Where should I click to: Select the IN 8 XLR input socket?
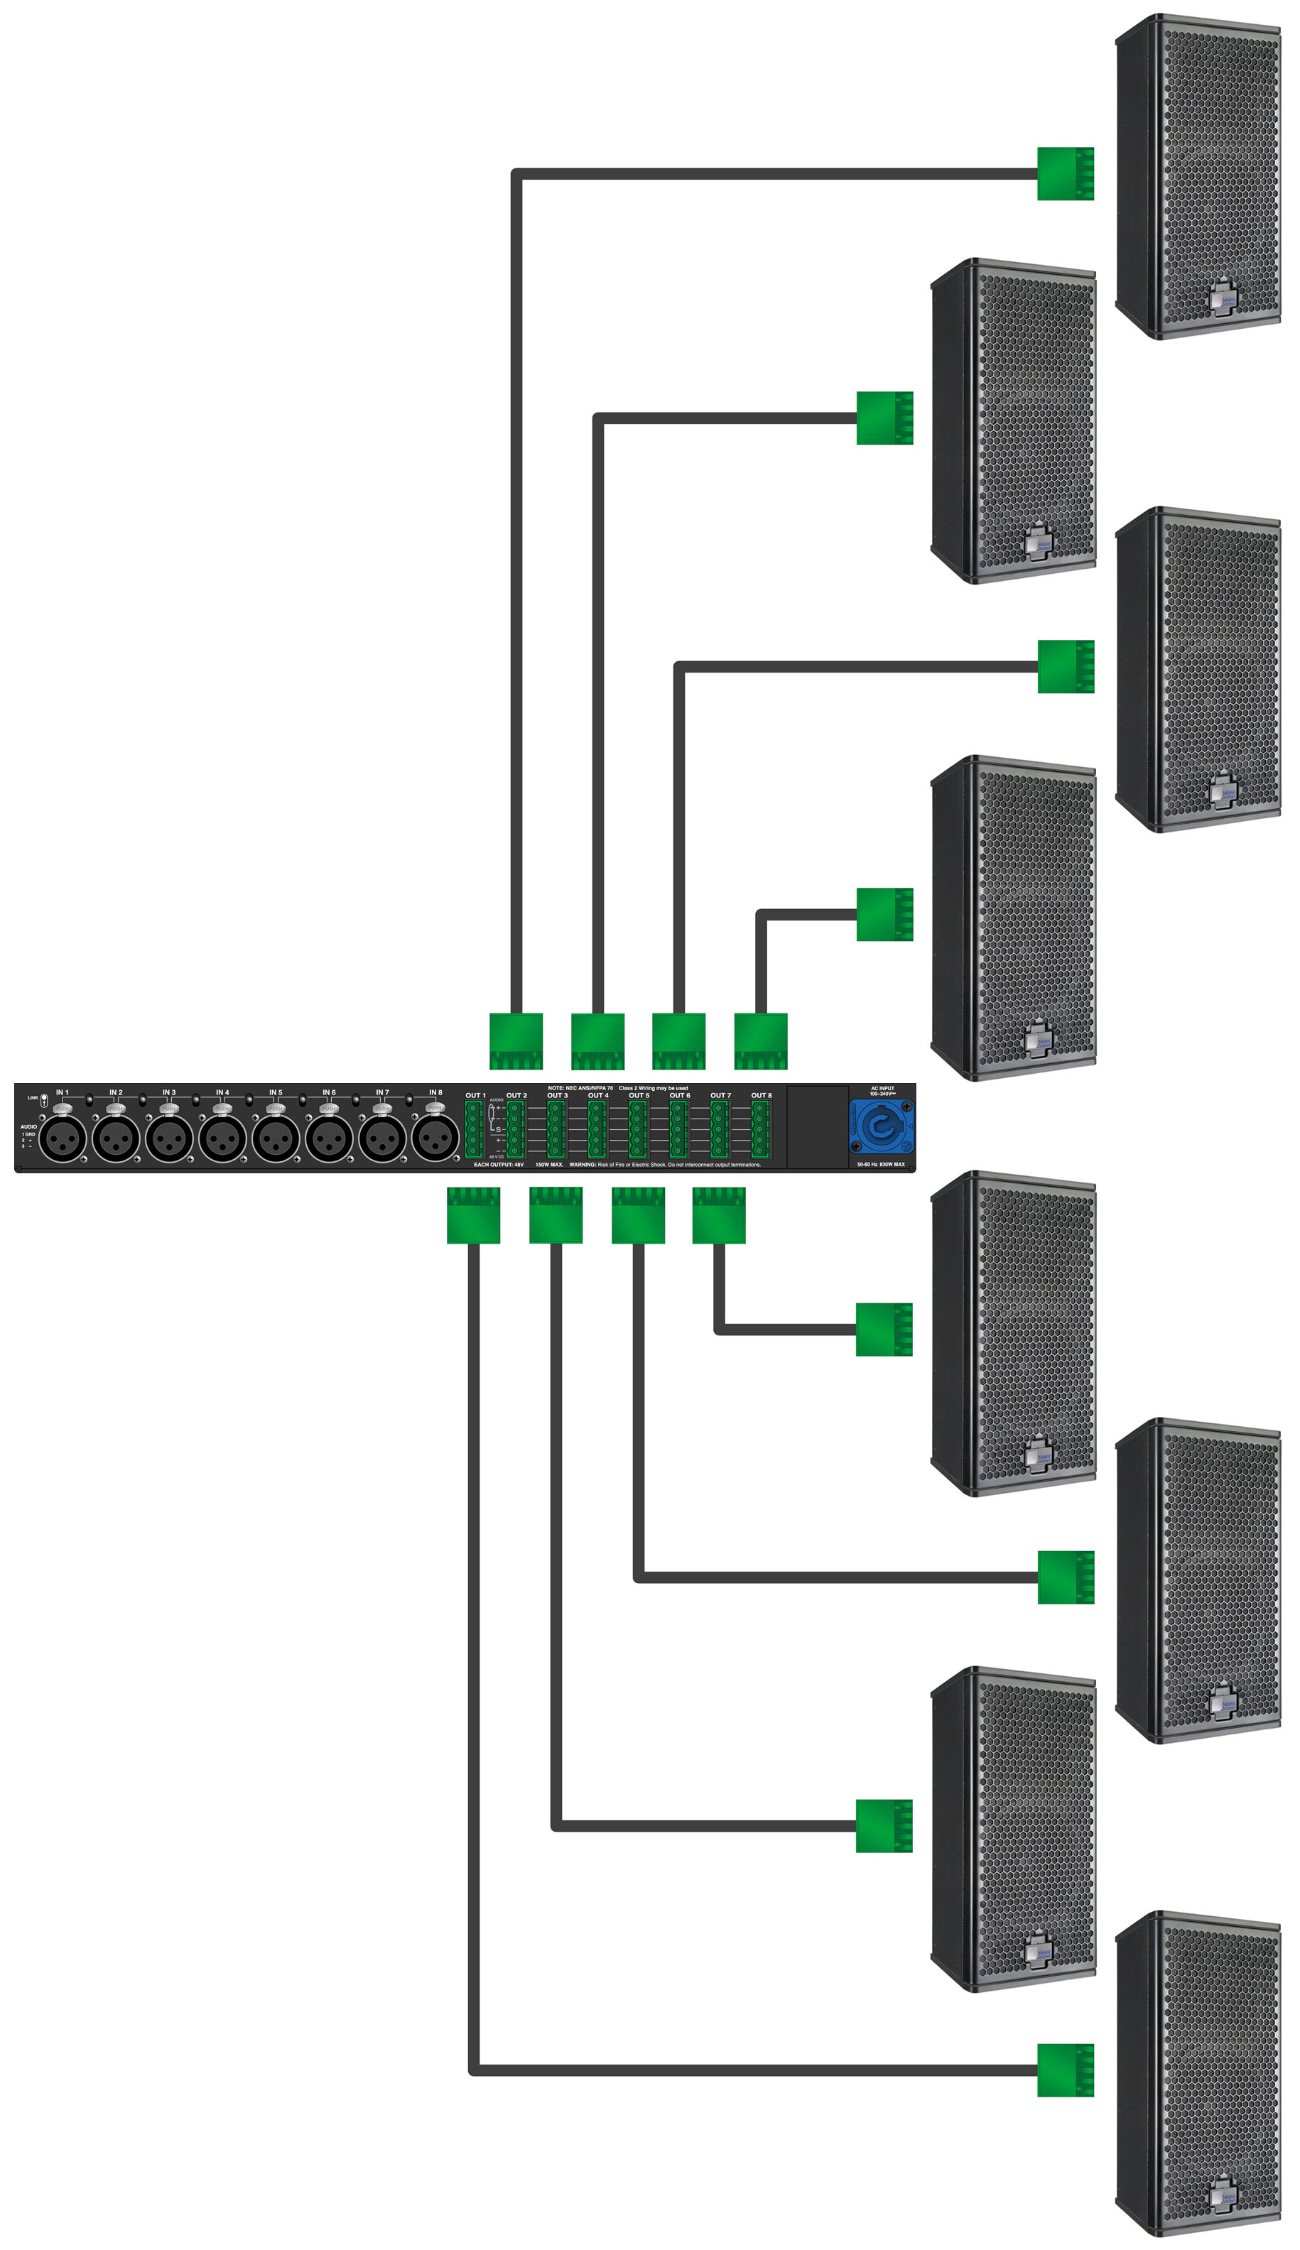click(435, 1138)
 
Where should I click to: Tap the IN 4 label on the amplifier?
click(222, 1092)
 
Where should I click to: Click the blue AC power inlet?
click(879, 1127)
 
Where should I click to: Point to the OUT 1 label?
click(475, 1095)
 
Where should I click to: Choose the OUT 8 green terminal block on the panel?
click(760, 1129)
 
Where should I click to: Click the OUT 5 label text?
click(639, 1095)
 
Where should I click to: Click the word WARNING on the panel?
click(582, 1165)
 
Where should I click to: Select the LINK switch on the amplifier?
click(44, 1099)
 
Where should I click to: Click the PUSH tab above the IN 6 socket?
click(329, 1109)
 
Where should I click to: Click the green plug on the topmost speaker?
click(1065, 173)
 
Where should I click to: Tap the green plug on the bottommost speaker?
click(1065, 2070)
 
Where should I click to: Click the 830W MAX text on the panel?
click(892, 1164)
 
